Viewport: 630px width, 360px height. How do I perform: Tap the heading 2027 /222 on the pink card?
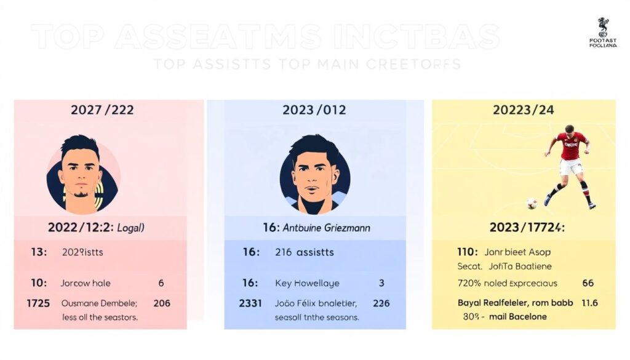[102, 110]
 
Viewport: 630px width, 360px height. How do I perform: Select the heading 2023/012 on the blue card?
[314, 110]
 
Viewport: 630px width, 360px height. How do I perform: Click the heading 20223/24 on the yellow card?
[523, 110]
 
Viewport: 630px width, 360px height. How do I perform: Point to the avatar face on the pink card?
[81, 173]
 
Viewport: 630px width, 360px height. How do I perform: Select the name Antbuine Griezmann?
[326, 228]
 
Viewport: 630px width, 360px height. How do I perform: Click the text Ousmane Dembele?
[99, 303]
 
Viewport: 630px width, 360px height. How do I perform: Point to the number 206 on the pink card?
[162, 303]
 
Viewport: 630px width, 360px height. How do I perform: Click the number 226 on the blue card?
[381, 303]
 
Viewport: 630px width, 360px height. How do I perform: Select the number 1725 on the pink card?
[38, 303]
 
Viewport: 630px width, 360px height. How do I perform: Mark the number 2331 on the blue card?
[250, 303]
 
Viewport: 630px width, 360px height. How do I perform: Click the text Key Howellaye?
[307, 283]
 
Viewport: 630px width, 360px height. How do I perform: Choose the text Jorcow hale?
[85, 283]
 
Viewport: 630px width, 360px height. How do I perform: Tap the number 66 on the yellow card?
[588, 283]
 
